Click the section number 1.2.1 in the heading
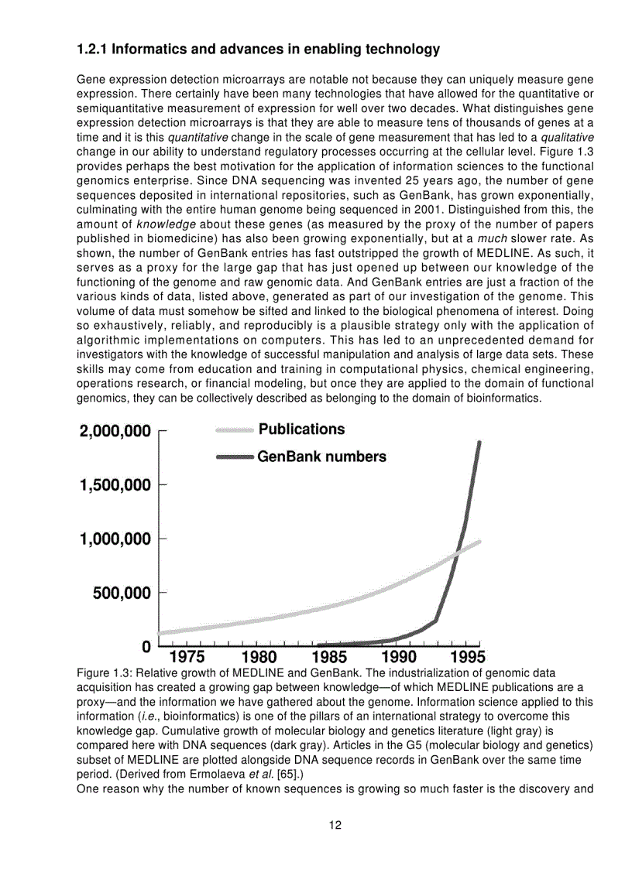[92, 50]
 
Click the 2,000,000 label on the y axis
[115, 432]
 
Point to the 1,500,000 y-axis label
[115, 485]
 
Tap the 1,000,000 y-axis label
[115, 539]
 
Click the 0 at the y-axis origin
[146, 646]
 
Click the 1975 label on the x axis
[187, 658]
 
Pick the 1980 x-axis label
[259, 658]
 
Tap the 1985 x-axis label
[329, 658]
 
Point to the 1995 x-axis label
[467, 658]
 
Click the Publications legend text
[301, 429]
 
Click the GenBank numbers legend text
[321, 457]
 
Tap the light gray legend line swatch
[235, 429]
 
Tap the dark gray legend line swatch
[235, 457]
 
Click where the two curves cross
[459, 551]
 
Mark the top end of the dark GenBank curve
[479, 443]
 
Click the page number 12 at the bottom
[335, 825]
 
